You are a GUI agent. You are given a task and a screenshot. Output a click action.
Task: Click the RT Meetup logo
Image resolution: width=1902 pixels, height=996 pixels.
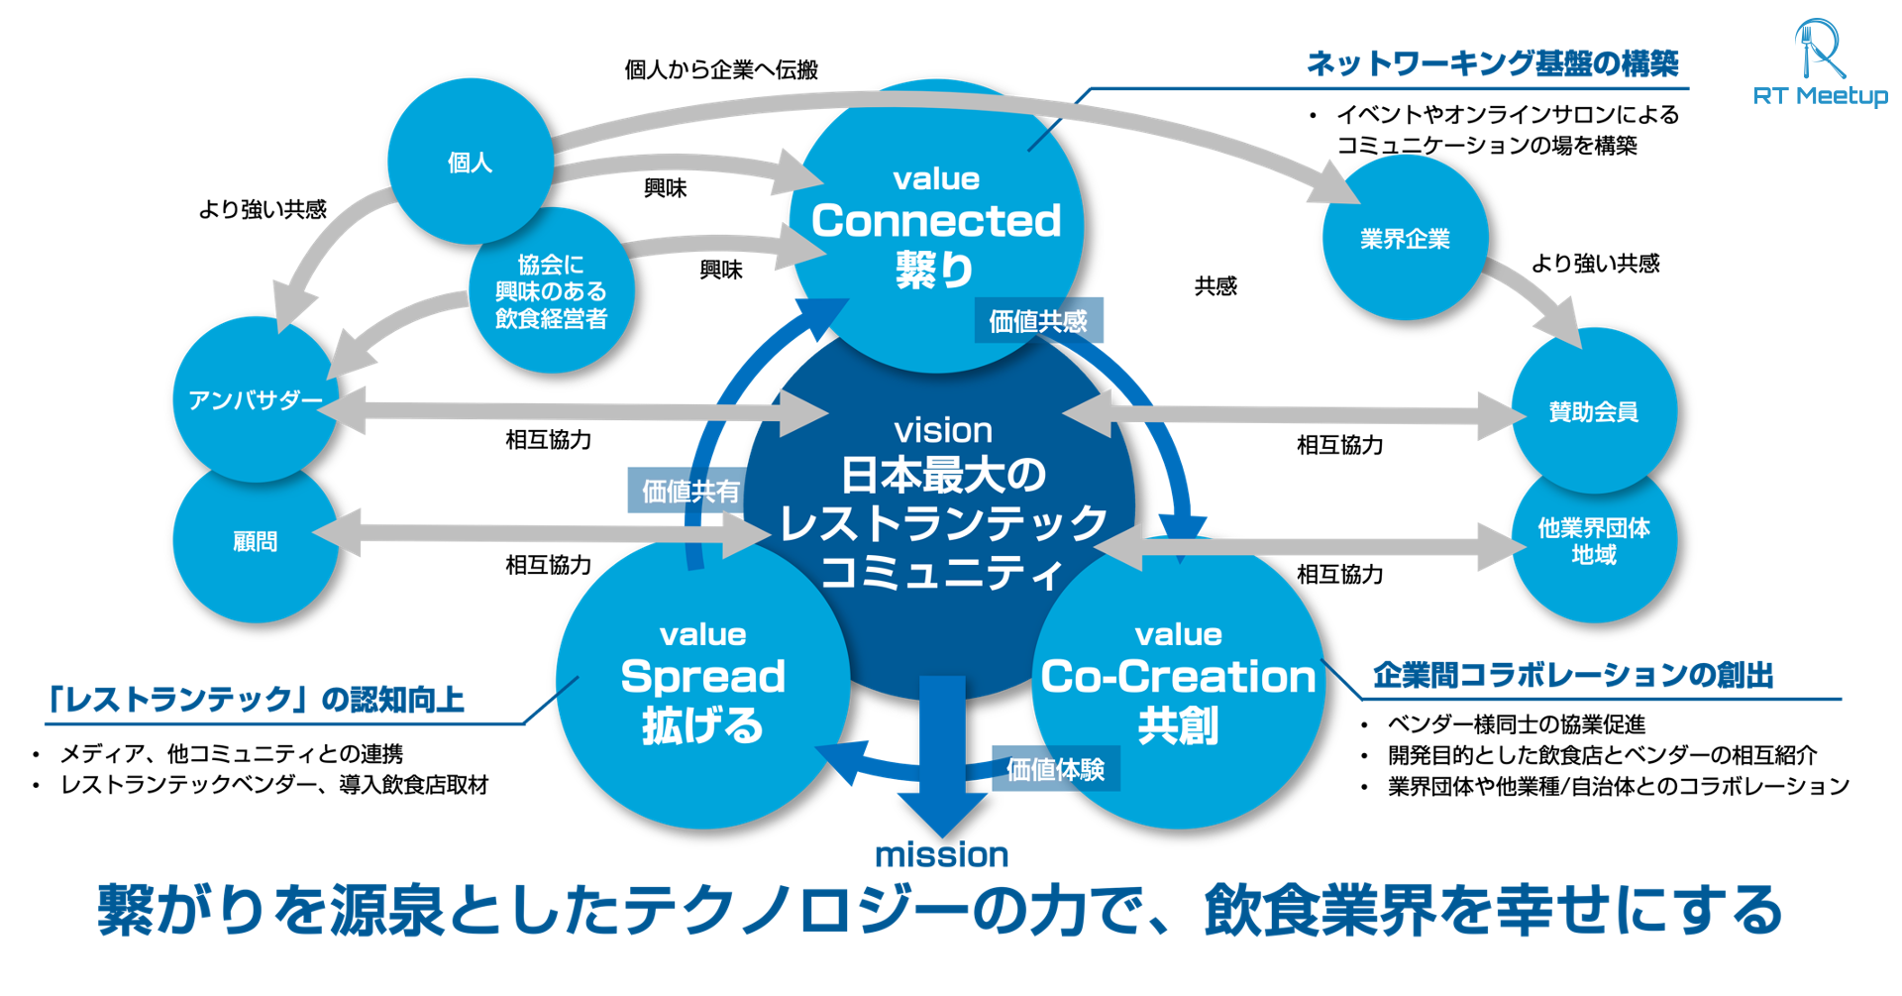tap(1820, 61)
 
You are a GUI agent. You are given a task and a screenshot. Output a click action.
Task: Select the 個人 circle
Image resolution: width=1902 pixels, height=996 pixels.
tap(470, 162)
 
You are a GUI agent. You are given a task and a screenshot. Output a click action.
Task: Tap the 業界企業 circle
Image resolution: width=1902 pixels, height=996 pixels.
tap(1405, 239)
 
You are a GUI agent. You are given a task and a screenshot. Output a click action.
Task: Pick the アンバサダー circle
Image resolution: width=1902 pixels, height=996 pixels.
tap(255, 400)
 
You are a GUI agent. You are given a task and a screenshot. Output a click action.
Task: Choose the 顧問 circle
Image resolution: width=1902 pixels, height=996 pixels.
tap(255, 541)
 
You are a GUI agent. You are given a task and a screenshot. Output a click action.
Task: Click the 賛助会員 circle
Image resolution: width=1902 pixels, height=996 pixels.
tap(1593, 411)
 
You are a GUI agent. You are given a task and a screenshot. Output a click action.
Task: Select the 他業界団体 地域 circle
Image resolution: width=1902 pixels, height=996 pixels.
tap(1593, 541)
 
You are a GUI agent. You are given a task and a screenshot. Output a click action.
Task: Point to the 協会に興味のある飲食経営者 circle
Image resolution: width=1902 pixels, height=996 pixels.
tap(551, 291)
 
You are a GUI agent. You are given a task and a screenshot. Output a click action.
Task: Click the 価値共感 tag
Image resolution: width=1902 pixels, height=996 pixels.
tap(1037, 321)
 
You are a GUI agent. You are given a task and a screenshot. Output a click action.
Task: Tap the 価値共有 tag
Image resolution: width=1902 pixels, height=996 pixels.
tap(689, 491)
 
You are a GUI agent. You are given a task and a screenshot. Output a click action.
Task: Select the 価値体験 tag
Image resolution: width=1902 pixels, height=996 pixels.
tap(1055, 769)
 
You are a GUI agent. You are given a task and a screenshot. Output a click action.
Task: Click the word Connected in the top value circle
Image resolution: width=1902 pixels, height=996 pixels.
tap(936, 221)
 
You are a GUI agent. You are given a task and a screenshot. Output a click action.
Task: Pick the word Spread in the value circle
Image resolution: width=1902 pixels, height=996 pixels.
tap(702, 677)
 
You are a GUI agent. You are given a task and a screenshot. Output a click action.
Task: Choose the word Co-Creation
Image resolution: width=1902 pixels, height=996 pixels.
tap(1178, 677)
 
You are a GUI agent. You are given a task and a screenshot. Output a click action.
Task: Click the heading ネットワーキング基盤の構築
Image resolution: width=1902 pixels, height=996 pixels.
tap(1492, 63)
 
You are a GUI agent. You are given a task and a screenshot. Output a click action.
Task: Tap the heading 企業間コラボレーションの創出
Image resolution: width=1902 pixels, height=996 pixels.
tap(1572, 675)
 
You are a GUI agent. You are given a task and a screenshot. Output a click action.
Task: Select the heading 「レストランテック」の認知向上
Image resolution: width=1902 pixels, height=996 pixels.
tap(256, 700)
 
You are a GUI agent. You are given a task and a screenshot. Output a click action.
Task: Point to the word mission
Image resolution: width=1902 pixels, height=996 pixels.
tap(941, 854)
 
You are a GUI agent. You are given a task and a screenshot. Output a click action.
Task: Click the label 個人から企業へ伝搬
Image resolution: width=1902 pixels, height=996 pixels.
tap(720, 69)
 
